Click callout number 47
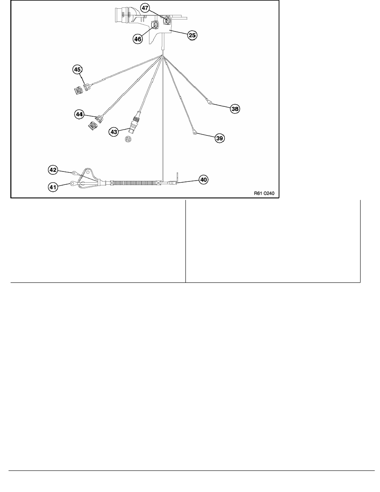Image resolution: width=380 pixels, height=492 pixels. coord(144,8)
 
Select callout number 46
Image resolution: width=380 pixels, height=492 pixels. coord(138,39)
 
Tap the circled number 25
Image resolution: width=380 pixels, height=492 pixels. coord(192,35)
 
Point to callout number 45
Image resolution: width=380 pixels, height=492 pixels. coord(77,69)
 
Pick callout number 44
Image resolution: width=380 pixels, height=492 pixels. coord(79,115)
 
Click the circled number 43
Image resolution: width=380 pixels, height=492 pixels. coord(113,132)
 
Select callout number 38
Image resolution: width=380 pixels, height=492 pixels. coord(235,109)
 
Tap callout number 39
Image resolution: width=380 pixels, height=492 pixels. coord(220,138)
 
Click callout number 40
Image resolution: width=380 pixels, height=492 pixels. coord(204,180)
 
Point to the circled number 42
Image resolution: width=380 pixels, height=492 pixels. coord(53,170)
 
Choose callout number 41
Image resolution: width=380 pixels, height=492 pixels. coord(53,187)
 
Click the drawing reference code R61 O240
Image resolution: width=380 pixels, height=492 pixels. coord(264,193)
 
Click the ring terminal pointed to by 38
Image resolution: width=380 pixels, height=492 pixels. coord(209,101)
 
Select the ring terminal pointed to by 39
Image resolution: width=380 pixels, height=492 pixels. coord(195,133)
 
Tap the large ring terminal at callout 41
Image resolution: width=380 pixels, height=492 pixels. coord(73,183)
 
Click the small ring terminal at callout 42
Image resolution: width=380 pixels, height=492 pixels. coord(75,172)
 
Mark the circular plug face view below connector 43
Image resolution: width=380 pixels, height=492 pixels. coord(127,140)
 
